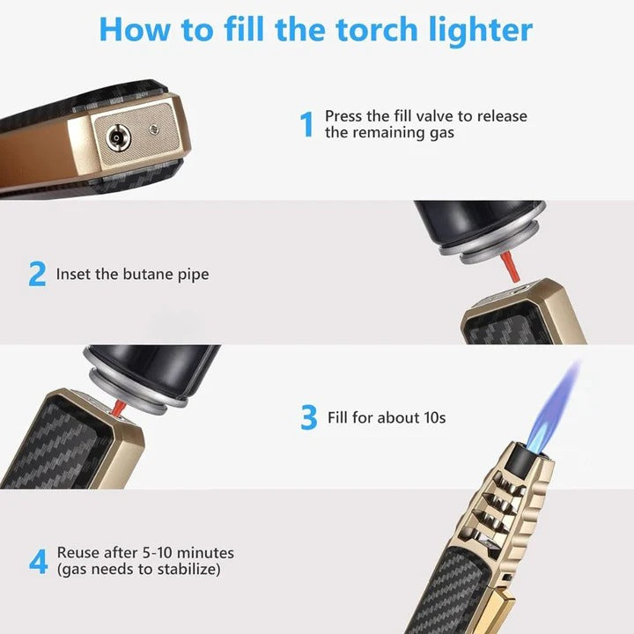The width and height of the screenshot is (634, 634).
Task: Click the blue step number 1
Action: pos(307,124)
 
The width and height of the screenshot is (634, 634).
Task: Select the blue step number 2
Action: pos(37,274)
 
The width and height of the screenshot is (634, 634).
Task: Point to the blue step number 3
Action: pos(308,417)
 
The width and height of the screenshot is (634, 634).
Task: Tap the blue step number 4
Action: pos(38,562)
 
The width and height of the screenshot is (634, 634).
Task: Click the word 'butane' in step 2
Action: pos(139,274)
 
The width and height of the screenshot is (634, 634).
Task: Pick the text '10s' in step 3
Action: pos(431,417)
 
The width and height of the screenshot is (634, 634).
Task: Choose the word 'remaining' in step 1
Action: pos(387,133)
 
